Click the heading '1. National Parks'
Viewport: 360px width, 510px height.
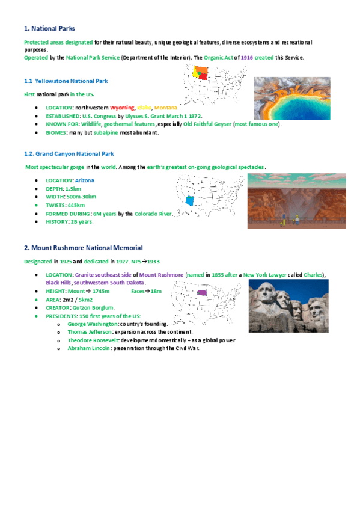[49, 28]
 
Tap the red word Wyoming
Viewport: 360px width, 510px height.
[122, 108]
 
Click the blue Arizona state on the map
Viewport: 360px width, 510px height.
[190, 201]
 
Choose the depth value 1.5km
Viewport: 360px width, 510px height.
[73, 188]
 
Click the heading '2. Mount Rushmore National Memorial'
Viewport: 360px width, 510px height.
[83, 248]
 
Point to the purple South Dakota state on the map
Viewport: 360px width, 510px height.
[202, 293]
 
